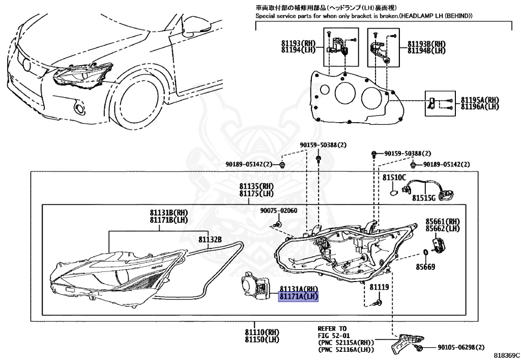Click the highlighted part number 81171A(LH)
click(298, 296)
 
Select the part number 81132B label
click(210, 239)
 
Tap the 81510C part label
click(394, 177)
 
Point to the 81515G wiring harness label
click(424, 197)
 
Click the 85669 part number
click(425, 266)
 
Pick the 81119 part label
click(379, 287)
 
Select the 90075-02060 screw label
click(279, 211)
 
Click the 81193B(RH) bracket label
click(426, 44)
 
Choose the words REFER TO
click(332, 328)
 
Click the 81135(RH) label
click(256, 187)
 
